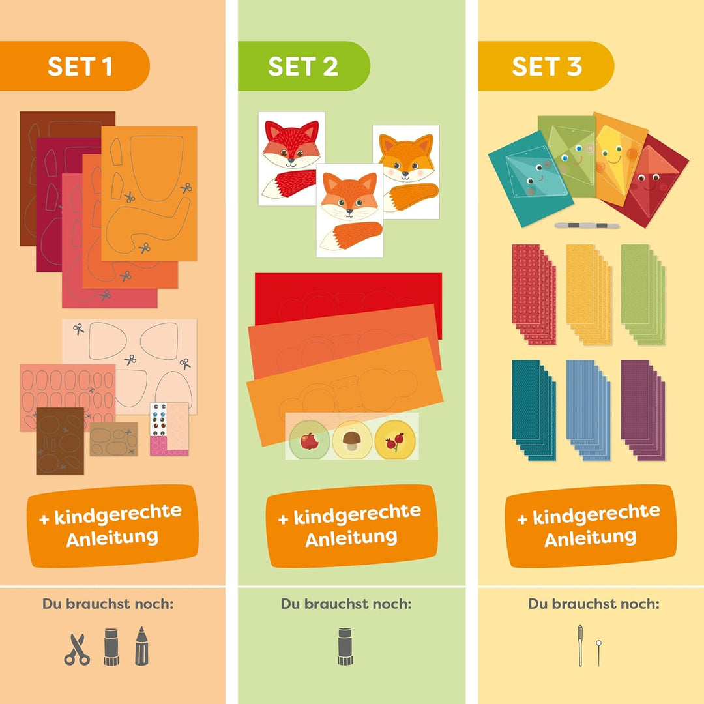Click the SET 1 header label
click(80, 66)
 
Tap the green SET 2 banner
click(304, 66)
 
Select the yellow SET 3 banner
click(546, 66)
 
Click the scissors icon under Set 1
click(77, 649)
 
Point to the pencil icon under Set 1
click(141, 646)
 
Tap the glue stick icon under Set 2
click(345, 647)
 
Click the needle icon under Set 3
click(580, 645)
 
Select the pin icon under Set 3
click(598, 653)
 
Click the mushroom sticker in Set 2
click(352, 440)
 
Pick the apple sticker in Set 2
click(310, 440)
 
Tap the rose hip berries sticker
click(395, 440)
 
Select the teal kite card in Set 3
click(531, 179)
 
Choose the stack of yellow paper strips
click(589, 295)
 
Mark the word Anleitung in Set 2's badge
click(351, 538)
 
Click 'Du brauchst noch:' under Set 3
click(594, 604)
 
